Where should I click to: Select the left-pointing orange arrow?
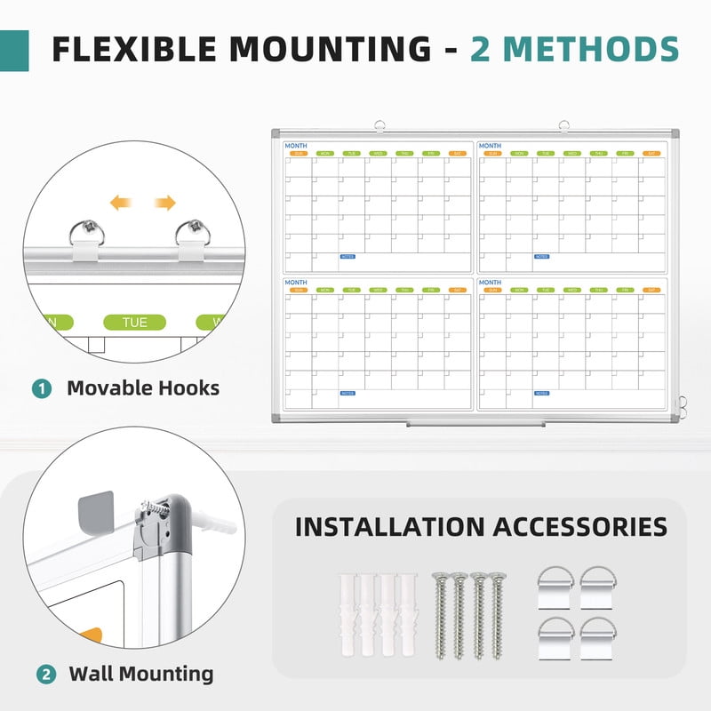[121, 204]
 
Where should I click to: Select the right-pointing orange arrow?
[164, 204]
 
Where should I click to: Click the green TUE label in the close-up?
[134, 322]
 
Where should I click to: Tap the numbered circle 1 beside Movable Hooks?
[42, 388]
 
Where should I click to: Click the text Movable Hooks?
[143, 388]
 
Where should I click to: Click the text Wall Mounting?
[141, 674]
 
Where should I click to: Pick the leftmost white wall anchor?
[347, 614]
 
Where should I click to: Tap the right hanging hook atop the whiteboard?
[563, 126]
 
